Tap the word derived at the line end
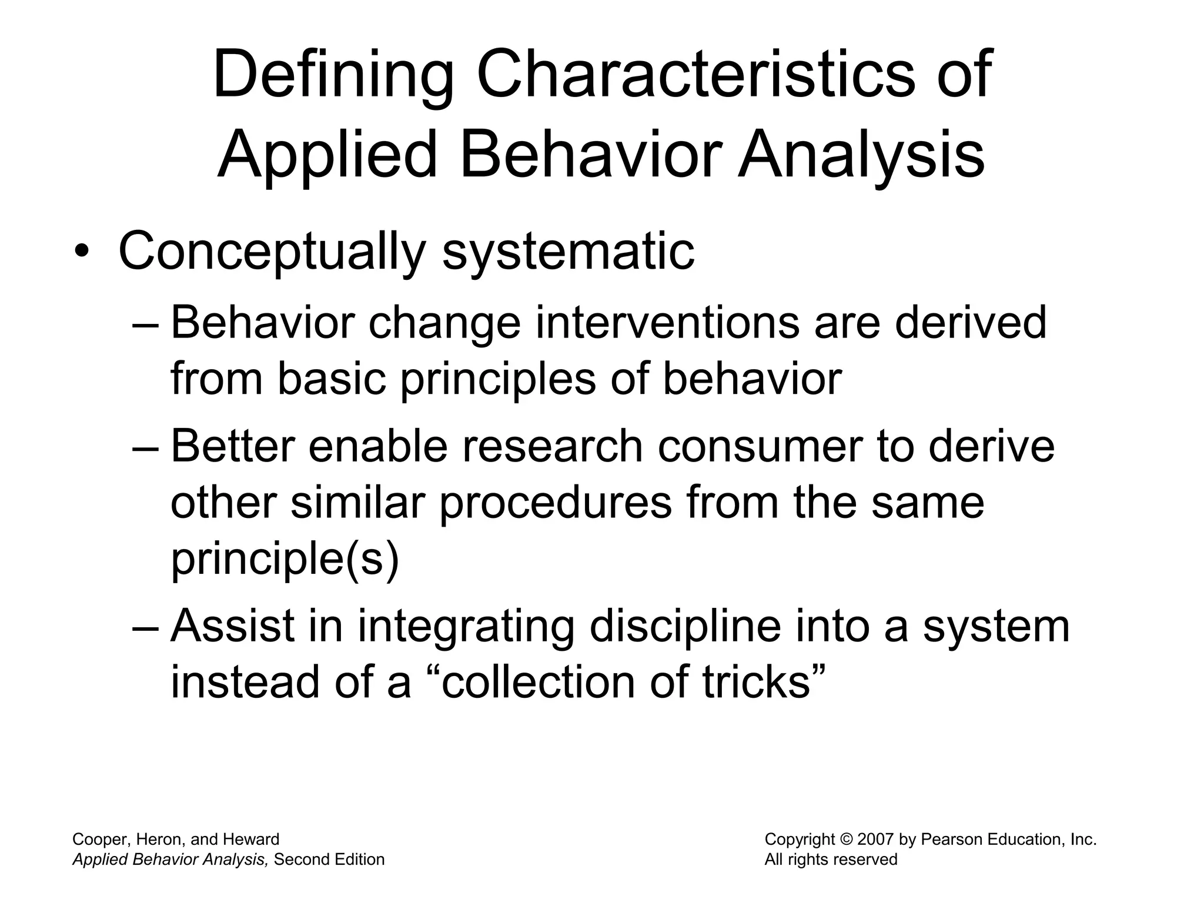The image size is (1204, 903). click(971, 323)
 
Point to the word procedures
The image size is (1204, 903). click(556, 503)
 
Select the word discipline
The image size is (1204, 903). click(685, 627)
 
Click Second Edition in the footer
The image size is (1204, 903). click(329, 859)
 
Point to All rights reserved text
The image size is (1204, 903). click(831, 859)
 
